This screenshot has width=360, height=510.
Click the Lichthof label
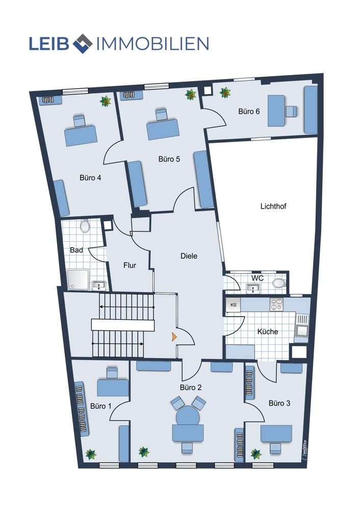pos(273,206)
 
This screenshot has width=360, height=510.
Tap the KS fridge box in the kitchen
pos(233,305)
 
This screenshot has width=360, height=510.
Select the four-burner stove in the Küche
pos(276,304)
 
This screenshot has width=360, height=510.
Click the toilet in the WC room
pos(279,283)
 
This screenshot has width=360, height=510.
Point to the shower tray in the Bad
pos(79,279)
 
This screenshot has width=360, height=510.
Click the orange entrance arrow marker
pos(174,337)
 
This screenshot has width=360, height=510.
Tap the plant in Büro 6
pos(225,93)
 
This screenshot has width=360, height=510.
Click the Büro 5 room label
pos(169,159)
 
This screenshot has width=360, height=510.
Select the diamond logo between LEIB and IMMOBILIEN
pos(83,43)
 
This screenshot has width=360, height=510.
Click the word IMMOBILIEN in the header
pos(152,43)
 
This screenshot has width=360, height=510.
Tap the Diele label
pos(189,256)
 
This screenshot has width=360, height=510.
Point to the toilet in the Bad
pos(85,226)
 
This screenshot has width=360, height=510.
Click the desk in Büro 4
pos(81,136)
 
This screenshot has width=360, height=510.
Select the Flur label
pos(130,265)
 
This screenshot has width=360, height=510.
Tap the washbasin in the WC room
pos(253,288)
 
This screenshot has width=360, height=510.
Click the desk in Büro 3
pos(276,434)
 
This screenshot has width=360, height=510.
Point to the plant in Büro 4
pos(106,101)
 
